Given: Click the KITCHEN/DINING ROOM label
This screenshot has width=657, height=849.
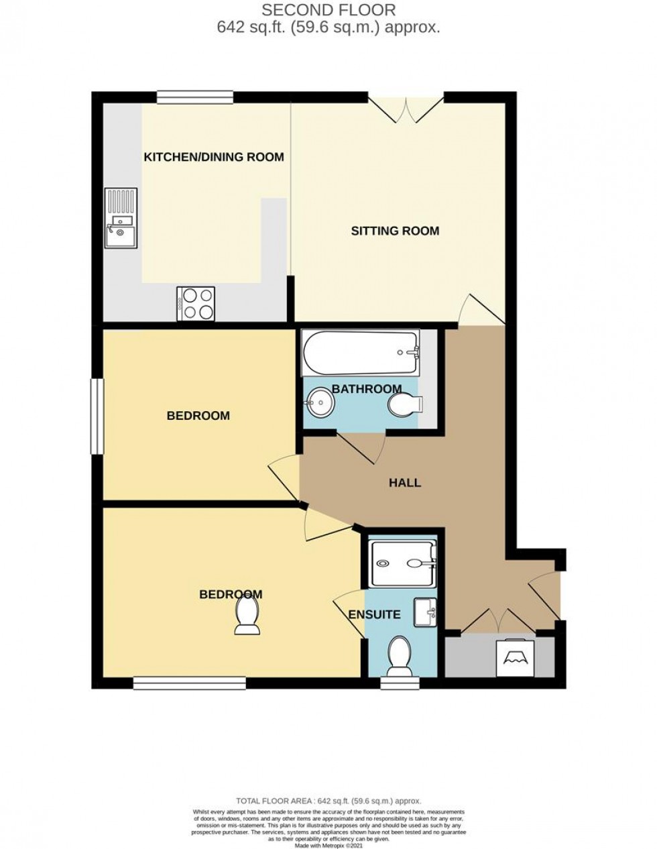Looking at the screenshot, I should click(214, 158).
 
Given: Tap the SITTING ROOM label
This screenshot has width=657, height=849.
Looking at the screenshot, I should click(395, 231).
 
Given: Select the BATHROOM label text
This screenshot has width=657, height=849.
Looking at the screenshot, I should click(367, 389).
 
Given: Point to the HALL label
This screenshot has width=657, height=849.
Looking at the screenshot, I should click(405, 483).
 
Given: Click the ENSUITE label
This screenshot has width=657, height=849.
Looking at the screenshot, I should click(374, 614).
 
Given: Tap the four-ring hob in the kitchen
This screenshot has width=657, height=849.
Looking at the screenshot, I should click(196, 303).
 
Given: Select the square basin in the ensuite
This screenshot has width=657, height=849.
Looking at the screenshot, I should click(425, 612).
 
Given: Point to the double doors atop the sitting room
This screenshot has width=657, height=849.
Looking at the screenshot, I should click(406, 109).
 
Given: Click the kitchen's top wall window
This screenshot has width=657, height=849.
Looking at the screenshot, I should click(196, 97).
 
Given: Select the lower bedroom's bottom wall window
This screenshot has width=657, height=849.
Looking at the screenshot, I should click(189, 683).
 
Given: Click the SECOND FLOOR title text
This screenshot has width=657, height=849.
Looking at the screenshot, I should click(328, 10).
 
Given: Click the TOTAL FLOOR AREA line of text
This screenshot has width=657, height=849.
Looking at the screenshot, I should click(328, 801).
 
